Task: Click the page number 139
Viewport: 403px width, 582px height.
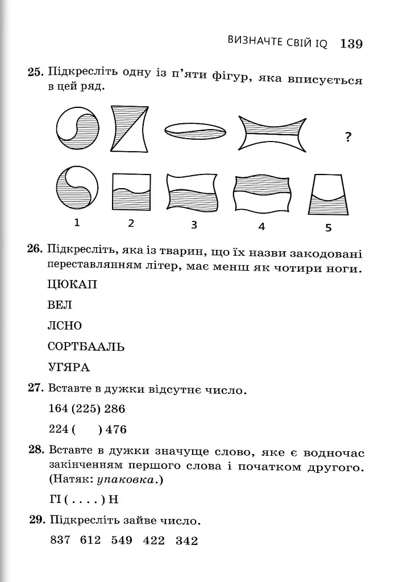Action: [x=351, y=44]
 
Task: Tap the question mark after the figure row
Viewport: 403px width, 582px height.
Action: [x=348, y=138]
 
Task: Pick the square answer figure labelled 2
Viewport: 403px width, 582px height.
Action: [x=131, y=192]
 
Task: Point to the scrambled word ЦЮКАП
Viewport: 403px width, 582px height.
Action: [x=73, y=285]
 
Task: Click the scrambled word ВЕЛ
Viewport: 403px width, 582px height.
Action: [x=60, y=305]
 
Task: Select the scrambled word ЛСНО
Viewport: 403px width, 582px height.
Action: [x=65, y=326]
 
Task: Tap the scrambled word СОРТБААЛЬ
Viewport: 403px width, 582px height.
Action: [x=86, y=346]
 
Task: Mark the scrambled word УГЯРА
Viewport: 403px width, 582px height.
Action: [x=69, y=367]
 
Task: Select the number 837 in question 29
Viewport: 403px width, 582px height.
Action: [x=60, y=540]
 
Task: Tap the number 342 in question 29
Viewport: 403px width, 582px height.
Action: [x=186, y=541]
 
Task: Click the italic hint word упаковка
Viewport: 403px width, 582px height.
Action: [x=126, y=480]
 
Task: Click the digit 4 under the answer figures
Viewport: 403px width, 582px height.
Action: [x=261, y=226]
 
